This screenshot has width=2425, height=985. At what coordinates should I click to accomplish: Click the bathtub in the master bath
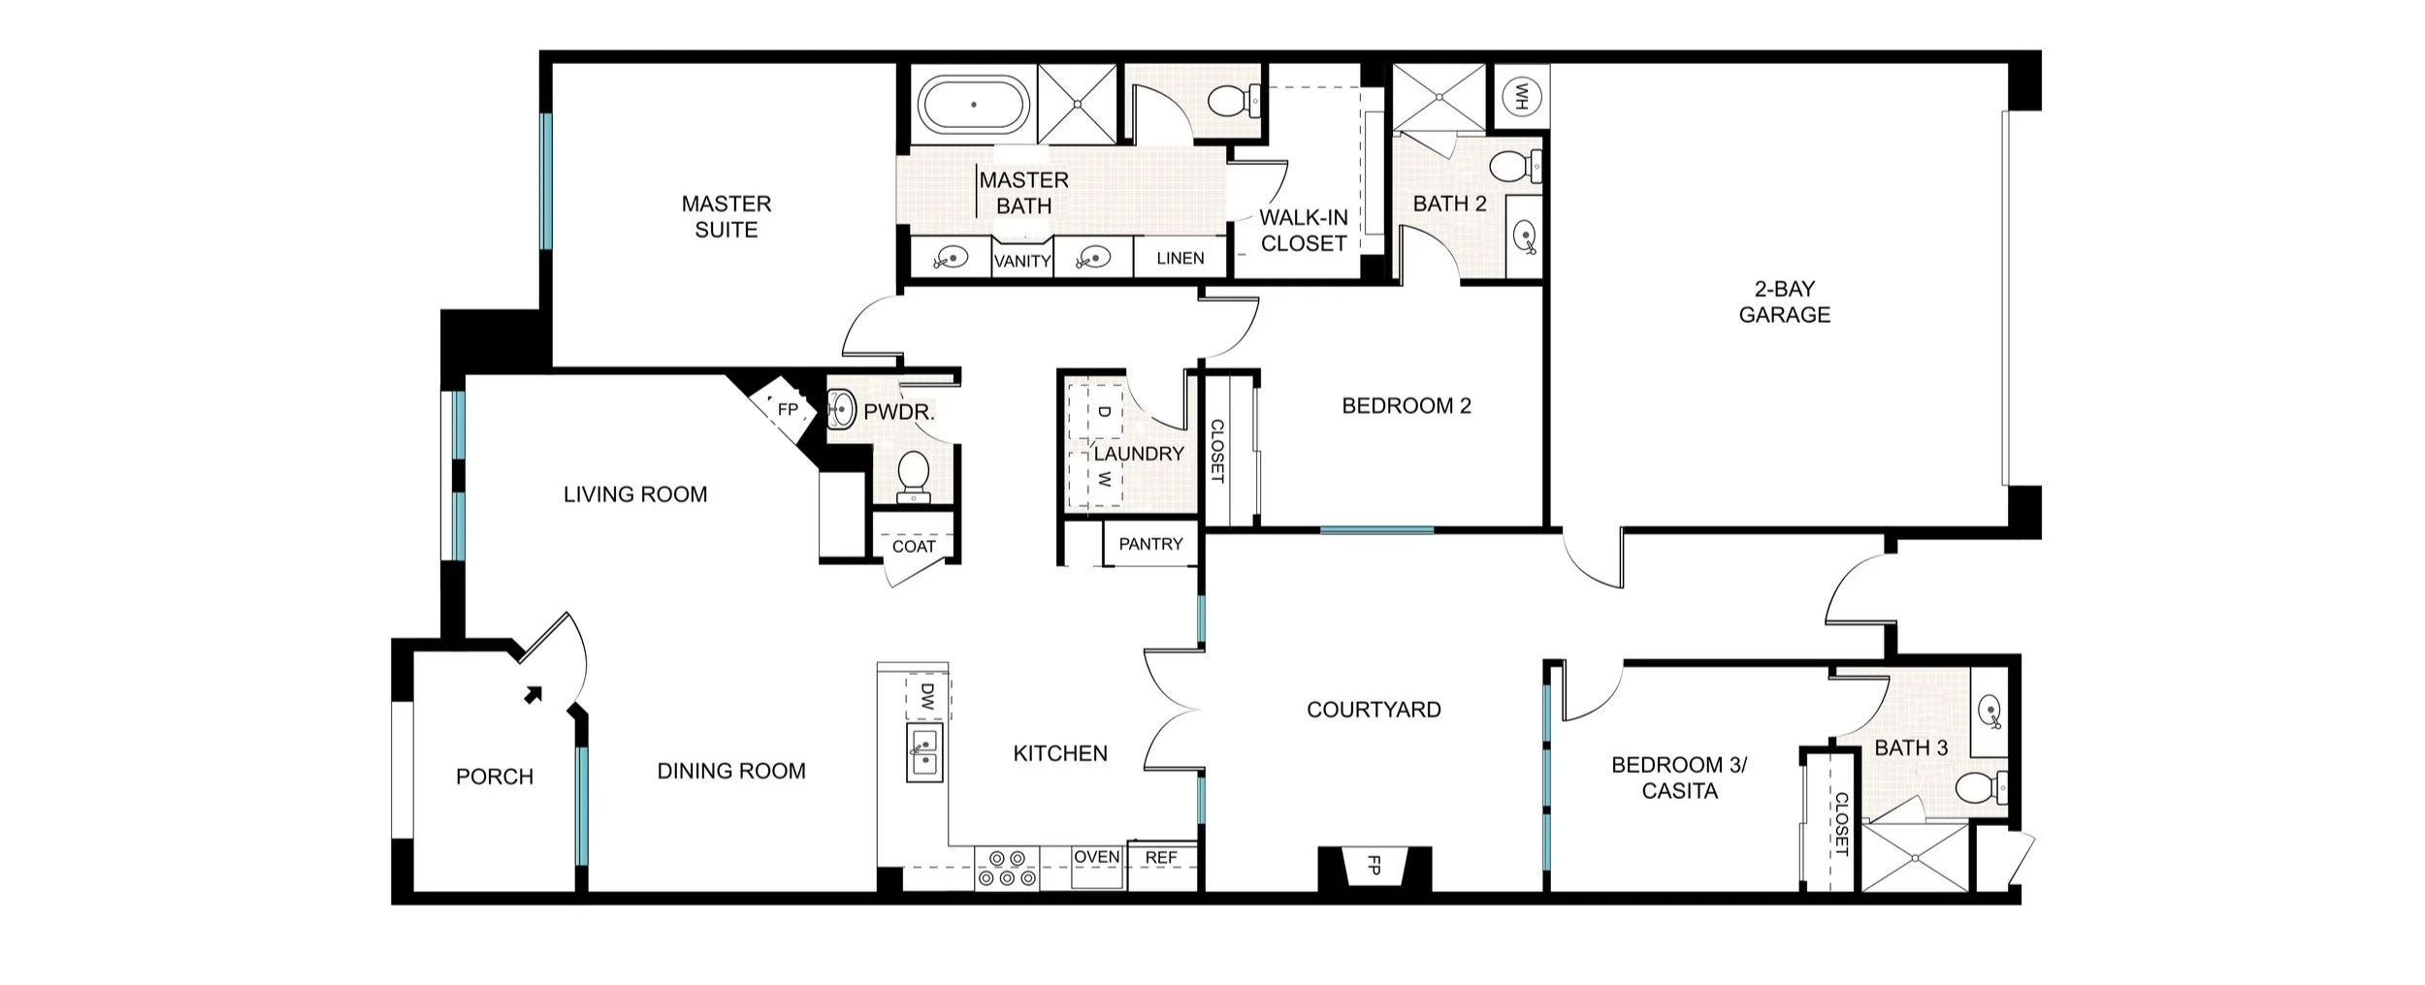(x=974, y=105)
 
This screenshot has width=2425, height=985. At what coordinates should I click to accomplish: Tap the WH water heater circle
(x=1520, y=96)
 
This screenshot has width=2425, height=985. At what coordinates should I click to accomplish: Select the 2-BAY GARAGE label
(x=1784, y=302)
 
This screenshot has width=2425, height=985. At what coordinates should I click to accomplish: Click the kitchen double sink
(x=924, y=752)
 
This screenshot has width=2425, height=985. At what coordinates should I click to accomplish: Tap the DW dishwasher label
(x=926, y=695)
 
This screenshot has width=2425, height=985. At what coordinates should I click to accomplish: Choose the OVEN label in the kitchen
(x=1096, y=857)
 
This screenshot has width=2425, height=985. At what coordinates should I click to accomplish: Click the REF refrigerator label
(x=1160, y=858)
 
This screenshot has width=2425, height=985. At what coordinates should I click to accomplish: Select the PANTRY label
(x=1150, y=544)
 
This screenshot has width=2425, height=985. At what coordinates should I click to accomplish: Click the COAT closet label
(x=914, y=547)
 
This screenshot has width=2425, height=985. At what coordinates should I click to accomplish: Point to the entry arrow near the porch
(x=533, y=694)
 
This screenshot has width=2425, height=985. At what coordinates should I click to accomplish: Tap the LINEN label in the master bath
(x=1180, y=259)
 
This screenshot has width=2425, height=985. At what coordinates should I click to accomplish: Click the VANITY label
(x=1022, y=261)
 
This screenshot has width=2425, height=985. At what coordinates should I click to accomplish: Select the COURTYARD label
(x=1374, y=710)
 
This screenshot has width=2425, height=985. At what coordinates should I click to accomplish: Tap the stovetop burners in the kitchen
(x=1006, y=868)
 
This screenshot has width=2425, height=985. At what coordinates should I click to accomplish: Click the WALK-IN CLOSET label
(x=1304, y=231)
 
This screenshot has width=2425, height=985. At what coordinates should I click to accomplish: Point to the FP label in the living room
(x=788, y=410)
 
